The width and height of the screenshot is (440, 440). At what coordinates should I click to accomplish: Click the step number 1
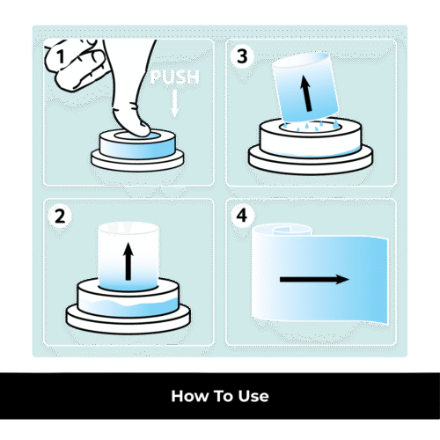tap(61, 56)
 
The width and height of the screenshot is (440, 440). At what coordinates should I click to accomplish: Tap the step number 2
tap(60, 216)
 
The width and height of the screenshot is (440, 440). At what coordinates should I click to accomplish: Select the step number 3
tap(242, 56)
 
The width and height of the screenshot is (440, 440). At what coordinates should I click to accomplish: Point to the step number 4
tap(242, 216)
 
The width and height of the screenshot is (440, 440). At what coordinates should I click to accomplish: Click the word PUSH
tap(175, 77)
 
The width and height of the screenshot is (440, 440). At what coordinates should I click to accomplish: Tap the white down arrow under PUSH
tap(175, 104)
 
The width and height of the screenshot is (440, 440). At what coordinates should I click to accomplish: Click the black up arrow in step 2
tap(128, 261)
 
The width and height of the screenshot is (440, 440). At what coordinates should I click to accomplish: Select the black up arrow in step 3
tap(306, 93)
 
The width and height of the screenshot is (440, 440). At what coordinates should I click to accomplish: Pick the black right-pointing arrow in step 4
tap(314, 279)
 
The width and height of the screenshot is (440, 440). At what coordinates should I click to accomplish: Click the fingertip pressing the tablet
tap(138, 129)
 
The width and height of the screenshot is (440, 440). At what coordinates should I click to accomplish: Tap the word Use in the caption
tap(253, 396)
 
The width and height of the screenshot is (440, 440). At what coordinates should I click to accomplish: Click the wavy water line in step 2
tap(128, 304)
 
